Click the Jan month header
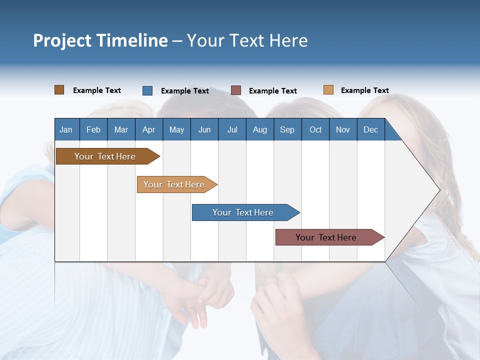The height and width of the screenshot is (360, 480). coord(66,129)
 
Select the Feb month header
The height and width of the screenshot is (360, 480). coord(93,129)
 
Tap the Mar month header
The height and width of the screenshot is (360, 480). coord(121,129)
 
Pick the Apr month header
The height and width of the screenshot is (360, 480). coord(149,129)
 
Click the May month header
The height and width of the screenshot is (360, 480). coord(176,129)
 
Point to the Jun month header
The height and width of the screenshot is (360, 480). coord(204,129)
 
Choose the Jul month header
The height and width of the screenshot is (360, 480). coord(232,129)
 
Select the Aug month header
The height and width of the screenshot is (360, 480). coord(260,129)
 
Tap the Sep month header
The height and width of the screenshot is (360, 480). coord(287,129)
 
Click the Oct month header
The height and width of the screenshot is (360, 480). coord(315,129)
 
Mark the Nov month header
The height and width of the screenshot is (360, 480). coord(343,129)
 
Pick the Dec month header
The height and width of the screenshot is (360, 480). coord(371,129)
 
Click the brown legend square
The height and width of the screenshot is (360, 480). coord(59,90)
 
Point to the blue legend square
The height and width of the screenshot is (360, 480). coord(147,90)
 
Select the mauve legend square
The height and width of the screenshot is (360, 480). coord(236,90)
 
